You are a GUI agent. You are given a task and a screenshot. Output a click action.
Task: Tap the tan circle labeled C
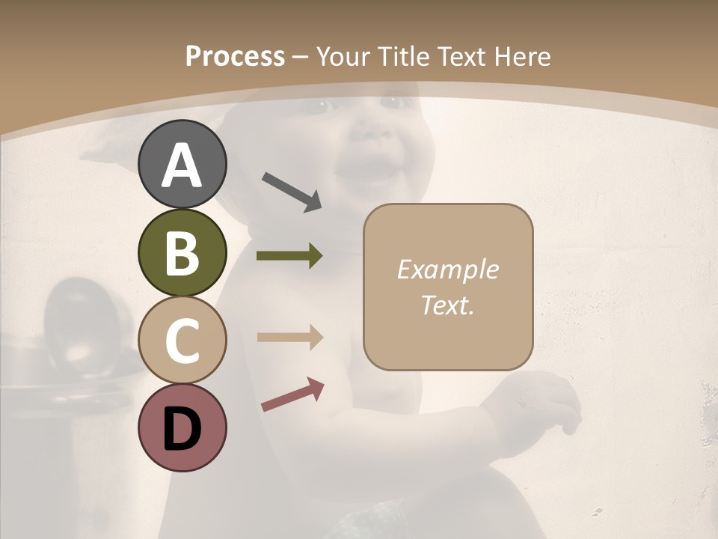[x=182, y=340]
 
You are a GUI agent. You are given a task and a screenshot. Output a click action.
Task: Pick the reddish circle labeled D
[x=182, y=427]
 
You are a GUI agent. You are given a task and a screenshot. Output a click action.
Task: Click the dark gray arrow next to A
[x=292, y=191]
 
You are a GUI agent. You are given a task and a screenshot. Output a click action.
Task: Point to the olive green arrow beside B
[x=289, y=256]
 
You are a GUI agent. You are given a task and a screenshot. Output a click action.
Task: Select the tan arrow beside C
[x=289, y=337]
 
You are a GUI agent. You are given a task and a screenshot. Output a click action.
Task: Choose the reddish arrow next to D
[x=292, y=395]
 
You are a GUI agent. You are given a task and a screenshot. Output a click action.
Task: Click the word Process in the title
[x=235, y=57]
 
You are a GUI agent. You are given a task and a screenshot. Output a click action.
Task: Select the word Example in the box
[x=447, y=269]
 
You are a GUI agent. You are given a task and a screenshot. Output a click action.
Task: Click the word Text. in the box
[x=447, y=305]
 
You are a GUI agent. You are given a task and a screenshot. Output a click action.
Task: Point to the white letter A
[x=182, y=165]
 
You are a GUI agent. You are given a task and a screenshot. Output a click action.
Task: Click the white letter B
[x=182, y=253]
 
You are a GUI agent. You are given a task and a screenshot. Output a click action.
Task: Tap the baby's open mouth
[x=366, y=177]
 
